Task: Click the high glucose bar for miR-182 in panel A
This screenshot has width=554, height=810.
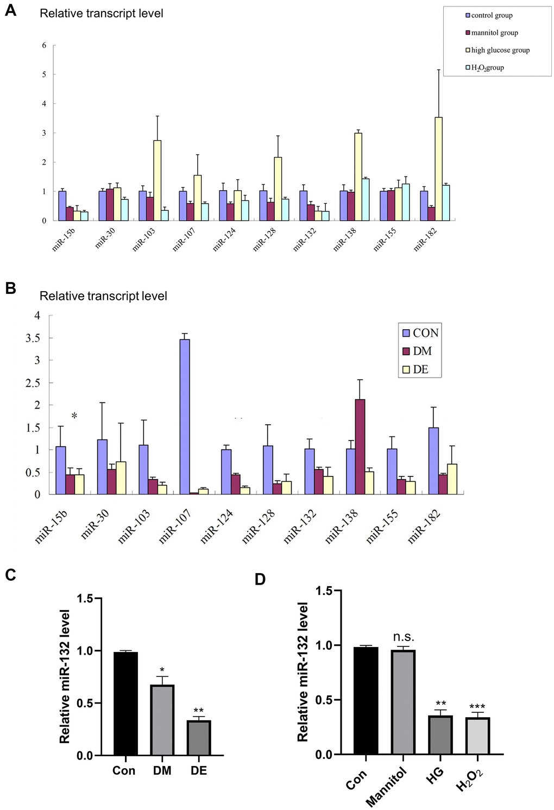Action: (439, 169)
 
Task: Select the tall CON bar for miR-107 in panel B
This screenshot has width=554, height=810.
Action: (185, 417)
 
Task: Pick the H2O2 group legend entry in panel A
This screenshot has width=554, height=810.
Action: (487, 67)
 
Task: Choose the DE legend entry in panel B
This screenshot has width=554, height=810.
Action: (420, 369)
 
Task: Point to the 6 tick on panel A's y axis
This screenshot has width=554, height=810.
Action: (44, 45)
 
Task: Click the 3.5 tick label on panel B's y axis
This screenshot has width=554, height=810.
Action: (33, 338)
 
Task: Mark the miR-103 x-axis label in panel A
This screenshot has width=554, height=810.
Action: (144, 240)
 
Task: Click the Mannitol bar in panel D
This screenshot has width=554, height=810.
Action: (402, 702)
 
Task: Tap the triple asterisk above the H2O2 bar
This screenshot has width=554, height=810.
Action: (477, 707)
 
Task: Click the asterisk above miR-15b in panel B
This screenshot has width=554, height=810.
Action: (74, 416)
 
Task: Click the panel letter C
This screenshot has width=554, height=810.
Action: (10, 575)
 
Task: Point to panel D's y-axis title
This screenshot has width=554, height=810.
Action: (303, 672)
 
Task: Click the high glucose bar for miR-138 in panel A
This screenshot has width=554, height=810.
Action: (358, 177)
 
